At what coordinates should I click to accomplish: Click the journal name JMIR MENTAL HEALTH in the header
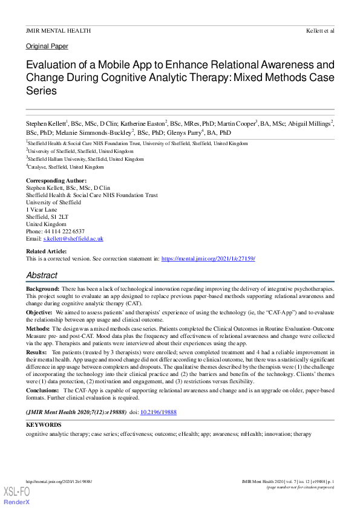[59, 30]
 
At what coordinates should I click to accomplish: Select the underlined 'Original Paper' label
[47, 46]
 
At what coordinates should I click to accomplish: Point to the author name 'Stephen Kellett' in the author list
[45, 123]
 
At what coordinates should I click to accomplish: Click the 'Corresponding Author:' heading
[56, 181]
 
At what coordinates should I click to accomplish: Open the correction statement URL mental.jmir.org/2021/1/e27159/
[208, 258]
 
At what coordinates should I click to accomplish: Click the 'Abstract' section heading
[42, 275]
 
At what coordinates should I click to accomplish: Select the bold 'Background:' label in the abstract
[42, 290]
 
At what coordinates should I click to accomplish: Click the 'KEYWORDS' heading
[44, 425]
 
